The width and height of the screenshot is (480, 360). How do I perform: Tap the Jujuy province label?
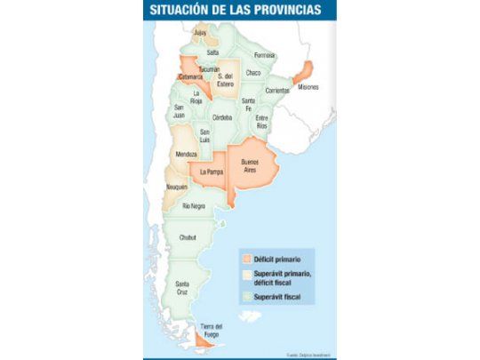click(199, 33)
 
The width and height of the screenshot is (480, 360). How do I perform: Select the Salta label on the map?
click(212, 52)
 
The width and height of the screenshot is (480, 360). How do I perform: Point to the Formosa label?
click(265, 54)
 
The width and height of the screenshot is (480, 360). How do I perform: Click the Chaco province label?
click(253, 72)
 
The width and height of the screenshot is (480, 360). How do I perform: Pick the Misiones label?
click(308, 87)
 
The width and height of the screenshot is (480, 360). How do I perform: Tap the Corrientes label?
click(277, 91)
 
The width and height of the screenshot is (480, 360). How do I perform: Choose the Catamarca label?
click(191, 77)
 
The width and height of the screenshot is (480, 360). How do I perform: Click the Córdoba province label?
click(222, 116)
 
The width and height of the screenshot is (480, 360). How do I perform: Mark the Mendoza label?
click(185, 154)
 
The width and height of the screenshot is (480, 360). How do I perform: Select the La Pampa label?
click(212, 172)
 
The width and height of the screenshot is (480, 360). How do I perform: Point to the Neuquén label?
click(176, 188)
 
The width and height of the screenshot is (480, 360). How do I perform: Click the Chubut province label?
click(188, 237)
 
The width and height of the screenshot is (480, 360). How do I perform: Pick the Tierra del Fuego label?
click(211, 328)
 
